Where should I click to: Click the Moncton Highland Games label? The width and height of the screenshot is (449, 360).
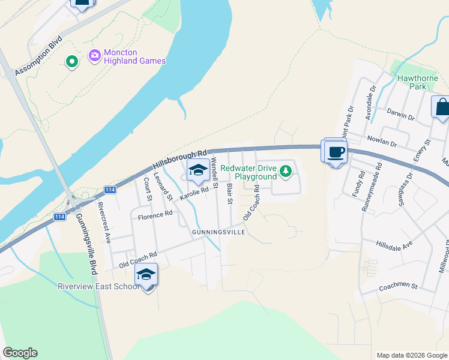[x=134, y=56]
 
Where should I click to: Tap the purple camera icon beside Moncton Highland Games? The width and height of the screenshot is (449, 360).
[x=94, y=56]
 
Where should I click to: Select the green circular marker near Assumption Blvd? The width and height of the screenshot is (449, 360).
[x=71, y=62]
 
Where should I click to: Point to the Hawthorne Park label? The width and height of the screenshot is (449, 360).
[x=411, y=82]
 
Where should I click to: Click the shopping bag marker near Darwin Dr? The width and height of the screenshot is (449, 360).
[x=441, y=108]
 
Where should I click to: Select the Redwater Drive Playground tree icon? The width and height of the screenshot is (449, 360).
[x=286, y=172]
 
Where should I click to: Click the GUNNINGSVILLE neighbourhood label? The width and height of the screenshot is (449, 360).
[x=218, y=232]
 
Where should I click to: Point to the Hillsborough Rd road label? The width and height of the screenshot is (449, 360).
[x=179, y=158]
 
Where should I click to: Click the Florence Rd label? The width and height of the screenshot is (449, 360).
[x=155, y=214]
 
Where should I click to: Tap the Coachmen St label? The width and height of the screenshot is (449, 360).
[x=397, y=287]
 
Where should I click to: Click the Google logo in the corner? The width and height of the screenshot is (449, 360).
[x=20, y=353]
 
